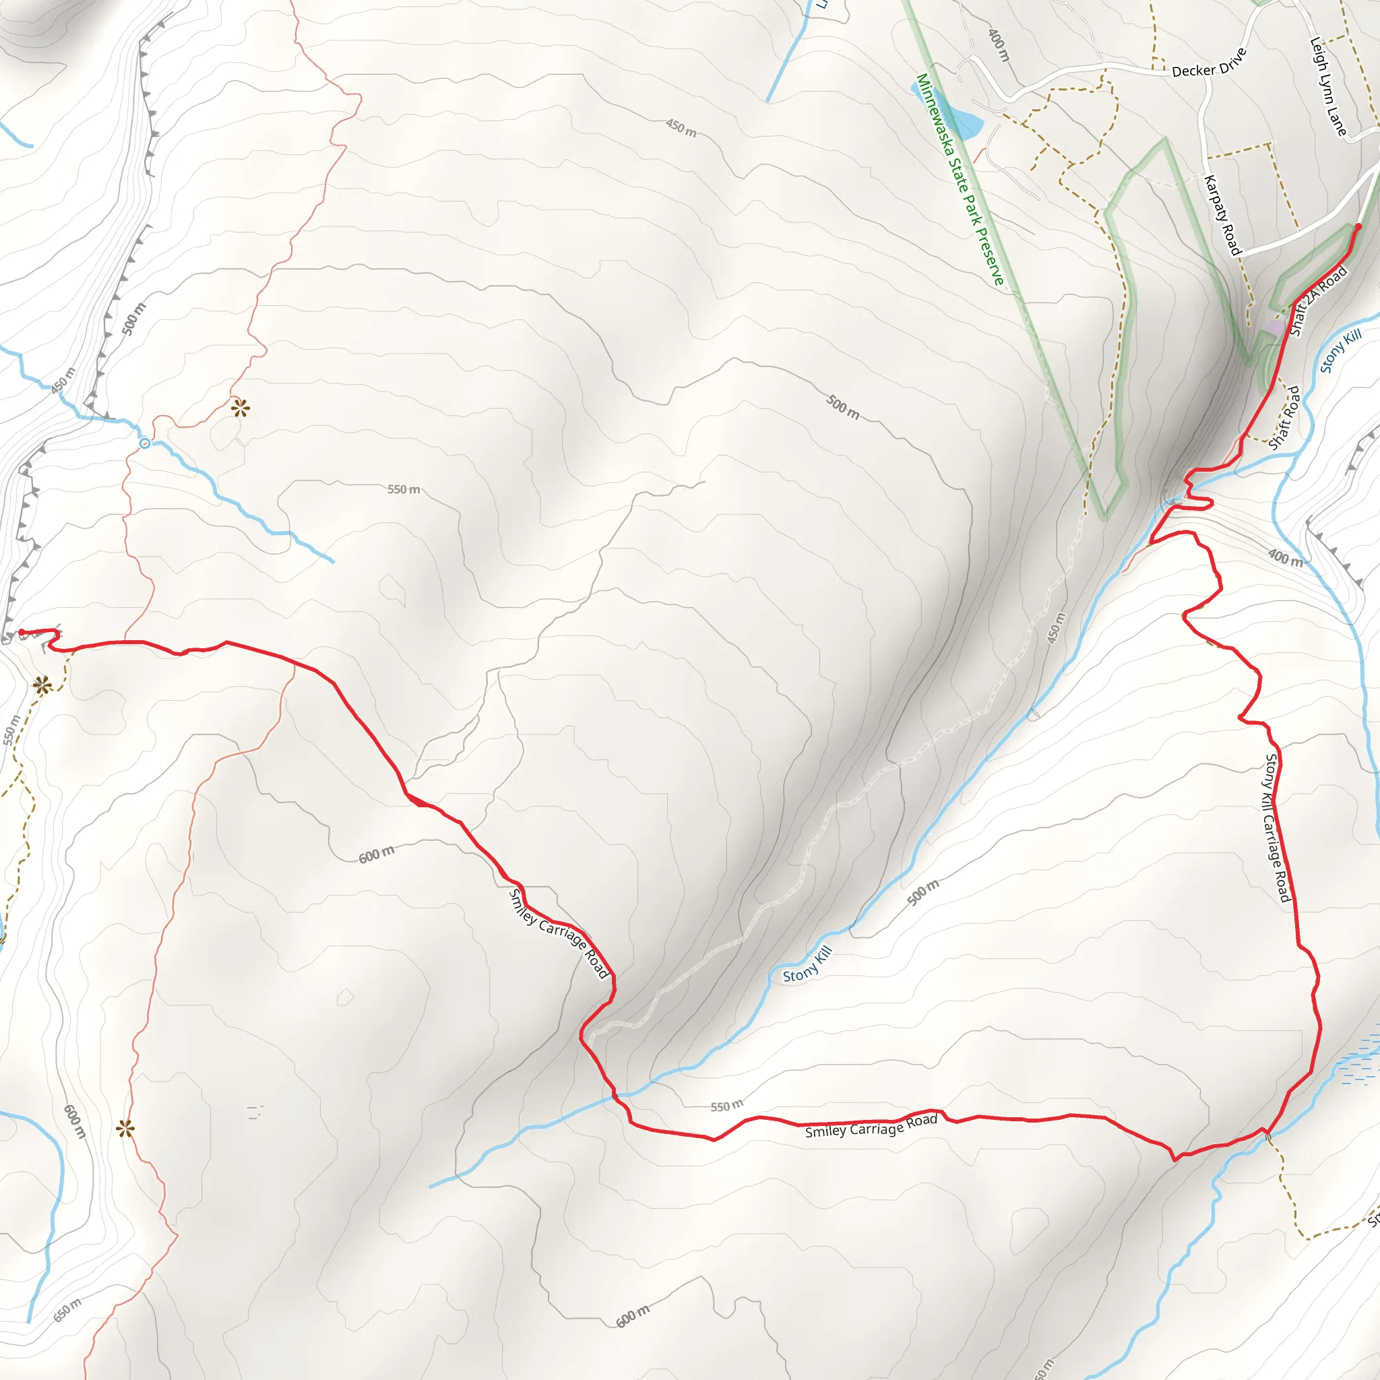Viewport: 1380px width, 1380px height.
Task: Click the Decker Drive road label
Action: (x=1210, y=63)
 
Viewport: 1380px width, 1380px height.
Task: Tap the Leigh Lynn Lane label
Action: (x=1328, y=86)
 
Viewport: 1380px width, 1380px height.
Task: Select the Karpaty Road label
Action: (x=1223, y=215)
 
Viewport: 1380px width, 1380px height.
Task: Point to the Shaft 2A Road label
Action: (x=1319, y=301)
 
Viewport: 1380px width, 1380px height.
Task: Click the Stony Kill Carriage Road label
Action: (x=1277, y=828)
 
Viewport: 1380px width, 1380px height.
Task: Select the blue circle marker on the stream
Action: (x=145, y=443)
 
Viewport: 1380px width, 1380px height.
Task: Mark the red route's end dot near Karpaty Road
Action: (x=1358, y=227)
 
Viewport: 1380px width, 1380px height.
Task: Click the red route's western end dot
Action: (x=22, y=632)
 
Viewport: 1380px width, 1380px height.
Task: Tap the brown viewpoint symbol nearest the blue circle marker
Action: (x=240, y=408)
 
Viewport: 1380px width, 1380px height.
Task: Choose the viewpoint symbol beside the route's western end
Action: (x=42, y=686)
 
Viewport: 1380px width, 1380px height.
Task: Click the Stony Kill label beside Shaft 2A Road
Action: (x=1341, y=352)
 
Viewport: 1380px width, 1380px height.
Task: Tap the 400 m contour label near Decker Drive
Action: (x=999, y=45)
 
